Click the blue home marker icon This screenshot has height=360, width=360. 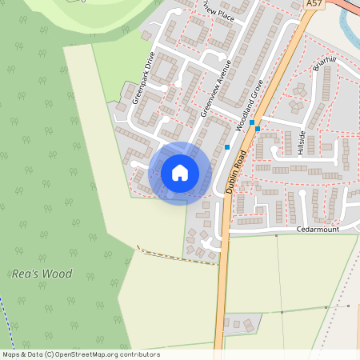[180, 173]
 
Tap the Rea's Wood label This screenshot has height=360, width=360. [42, 274]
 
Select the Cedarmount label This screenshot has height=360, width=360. [318, 229]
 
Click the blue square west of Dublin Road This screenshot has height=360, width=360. [227, 147]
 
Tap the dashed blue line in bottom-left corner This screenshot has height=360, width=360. [6, 320]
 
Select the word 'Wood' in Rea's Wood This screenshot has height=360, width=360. [57, 274]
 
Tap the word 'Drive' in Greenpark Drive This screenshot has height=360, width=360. [148, 66]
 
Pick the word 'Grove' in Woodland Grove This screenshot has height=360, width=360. [255, 88]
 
